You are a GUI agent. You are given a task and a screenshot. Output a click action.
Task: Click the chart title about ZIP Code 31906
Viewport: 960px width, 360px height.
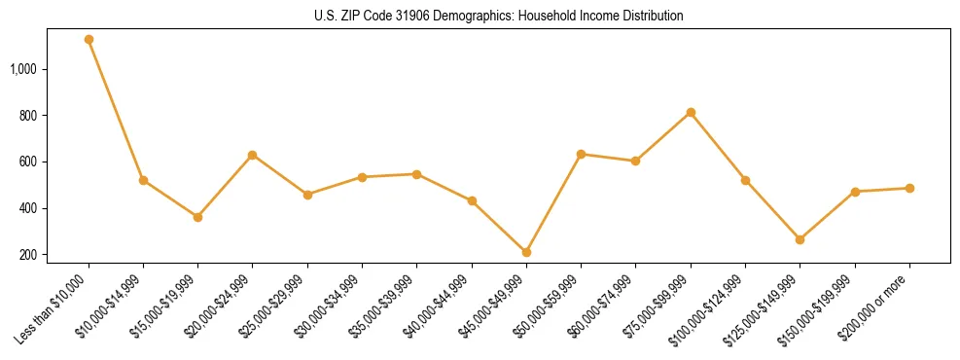pos(499,17)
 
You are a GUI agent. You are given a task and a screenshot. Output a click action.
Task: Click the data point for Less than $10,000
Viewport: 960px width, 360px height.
pos(89,40)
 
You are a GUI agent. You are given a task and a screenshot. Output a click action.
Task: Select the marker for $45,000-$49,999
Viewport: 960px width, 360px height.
pos(526,252)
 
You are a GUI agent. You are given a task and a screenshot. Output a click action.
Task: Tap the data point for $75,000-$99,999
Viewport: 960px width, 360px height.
pos(691,113)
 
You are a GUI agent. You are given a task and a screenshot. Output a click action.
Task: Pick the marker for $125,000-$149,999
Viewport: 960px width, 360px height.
pos(800,239)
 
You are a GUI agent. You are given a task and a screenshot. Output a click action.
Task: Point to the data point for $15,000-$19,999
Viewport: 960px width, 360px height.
pos(197,217)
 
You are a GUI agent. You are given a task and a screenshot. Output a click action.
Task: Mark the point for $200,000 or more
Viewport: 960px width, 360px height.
pos(909,188)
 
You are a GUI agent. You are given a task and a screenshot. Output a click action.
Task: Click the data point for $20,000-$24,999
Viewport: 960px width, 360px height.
pos(252,155)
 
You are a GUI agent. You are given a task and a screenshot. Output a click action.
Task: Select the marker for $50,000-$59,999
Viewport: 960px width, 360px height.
pos(581,154)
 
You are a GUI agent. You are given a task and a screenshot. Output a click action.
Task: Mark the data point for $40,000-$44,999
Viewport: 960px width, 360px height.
pos(472,201)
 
